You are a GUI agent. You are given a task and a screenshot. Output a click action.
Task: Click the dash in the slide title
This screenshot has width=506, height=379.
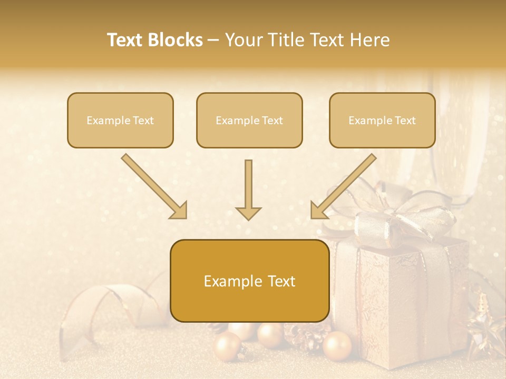click(x=213, y=41)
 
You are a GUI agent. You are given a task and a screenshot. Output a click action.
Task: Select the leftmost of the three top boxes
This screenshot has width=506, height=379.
click(x=120, y=120)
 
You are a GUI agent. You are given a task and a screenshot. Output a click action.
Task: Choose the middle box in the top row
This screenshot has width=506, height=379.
click(x=249, y=120)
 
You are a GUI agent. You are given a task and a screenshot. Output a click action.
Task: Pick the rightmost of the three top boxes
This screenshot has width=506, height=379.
click(x=382, y=120)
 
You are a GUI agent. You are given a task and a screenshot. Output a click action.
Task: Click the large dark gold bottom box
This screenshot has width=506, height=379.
click(x=249, y=281)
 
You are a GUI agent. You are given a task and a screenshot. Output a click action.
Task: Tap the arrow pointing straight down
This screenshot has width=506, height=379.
click(x=248, y=189)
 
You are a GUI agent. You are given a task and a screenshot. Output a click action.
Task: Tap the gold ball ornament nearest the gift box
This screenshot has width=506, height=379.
click(x=337, y=346)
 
